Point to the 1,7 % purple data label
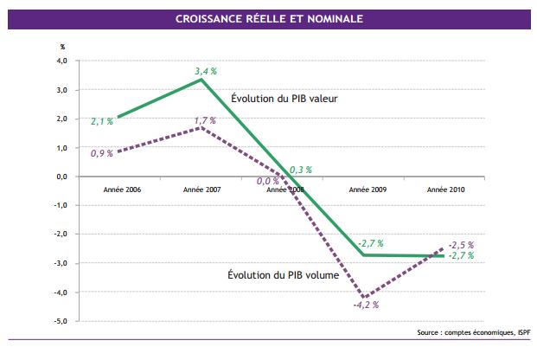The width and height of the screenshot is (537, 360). pyautogui.click(x=206, y=120)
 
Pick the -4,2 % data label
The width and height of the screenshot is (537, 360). pyautogui.click(x=366, y=305)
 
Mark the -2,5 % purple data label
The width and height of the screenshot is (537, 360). pyautogui.click(x=461, y=245)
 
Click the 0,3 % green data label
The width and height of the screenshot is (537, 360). pyautogui.click(x=300, y=170)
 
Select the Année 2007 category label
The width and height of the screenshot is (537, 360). pyautogui.click(x=201, y=188)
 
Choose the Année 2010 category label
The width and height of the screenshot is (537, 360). pyautogui.click(x=447, y=188)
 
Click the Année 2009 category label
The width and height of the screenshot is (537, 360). pyautogui.click(x=366, y=188)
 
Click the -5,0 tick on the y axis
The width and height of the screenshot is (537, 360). pyautogui.click(x=61, y=321)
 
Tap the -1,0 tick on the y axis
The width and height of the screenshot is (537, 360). pyautogui.click(x=61, y=206)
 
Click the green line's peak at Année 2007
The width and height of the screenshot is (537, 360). pyautogui.click(x=201, y=79)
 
